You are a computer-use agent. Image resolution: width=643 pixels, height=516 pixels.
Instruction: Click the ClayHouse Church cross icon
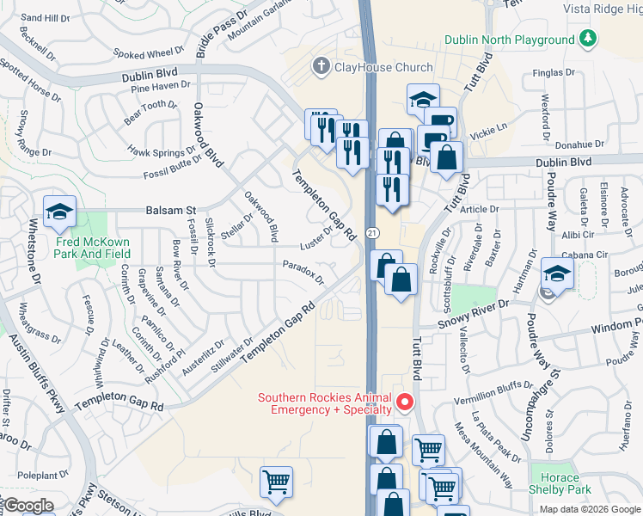point(321,65)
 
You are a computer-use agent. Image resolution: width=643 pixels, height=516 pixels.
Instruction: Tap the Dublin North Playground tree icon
point(588,39)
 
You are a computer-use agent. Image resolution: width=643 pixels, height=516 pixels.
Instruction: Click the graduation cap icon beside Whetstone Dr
point(60,212)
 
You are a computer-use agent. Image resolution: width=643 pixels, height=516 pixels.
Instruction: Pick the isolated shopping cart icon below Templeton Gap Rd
point(276,482)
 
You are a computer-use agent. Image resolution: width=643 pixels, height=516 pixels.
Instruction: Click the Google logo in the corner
point(28,506)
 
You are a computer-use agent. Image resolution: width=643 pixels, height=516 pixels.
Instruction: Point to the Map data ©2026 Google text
point(590,509)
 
